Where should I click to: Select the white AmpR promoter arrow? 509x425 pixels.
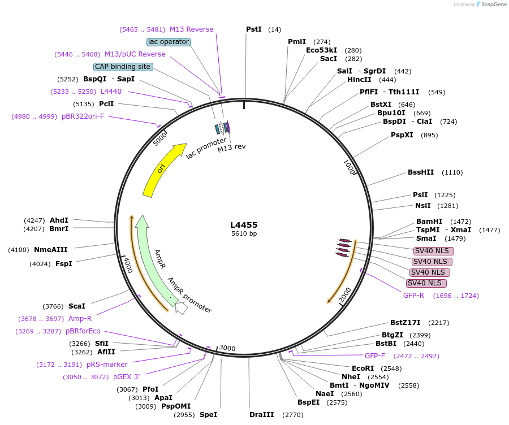(x=181, y=307)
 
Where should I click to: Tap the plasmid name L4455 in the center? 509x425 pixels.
(x=244, y=224)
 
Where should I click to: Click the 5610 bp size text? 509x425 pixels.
(x=244, y=233)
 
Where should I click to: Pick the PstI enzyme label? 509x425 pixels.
(x=254, y=29)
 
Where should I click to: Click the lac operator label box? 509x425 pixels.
(x=169, y=42)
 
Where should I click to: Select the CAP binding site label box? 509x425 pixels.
(x=123, y=67)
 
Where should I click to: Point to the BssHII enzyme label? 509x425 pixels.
(x=421, y=172)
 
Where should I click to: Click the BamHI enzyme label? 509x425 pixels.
(x=429, y=222)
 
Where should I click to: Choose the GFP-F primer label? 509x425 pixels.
(x=375, y=356)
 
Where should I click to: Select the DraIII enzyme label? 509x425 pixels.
(x=261, y=415)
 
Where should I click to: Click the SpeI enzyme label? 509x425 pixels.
(x=208, y=415)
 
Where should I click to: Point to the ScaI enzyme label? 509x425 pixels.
(x=77, y=306)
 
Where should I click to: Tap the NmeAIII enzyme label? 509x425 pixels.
(x=51, y=250)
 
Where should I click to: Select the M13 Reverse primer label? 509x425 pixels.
(x=192, y=29)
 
